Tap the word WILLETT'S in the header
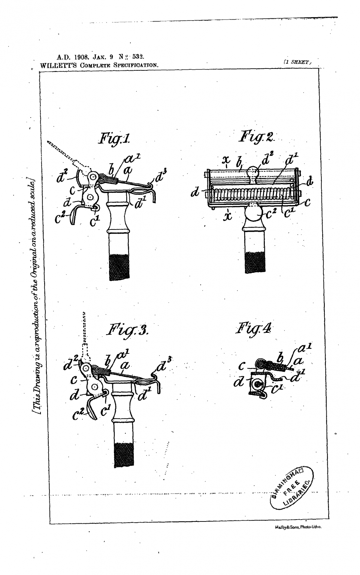[58, 65]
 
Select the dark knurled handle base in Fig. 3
[124, 454]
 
